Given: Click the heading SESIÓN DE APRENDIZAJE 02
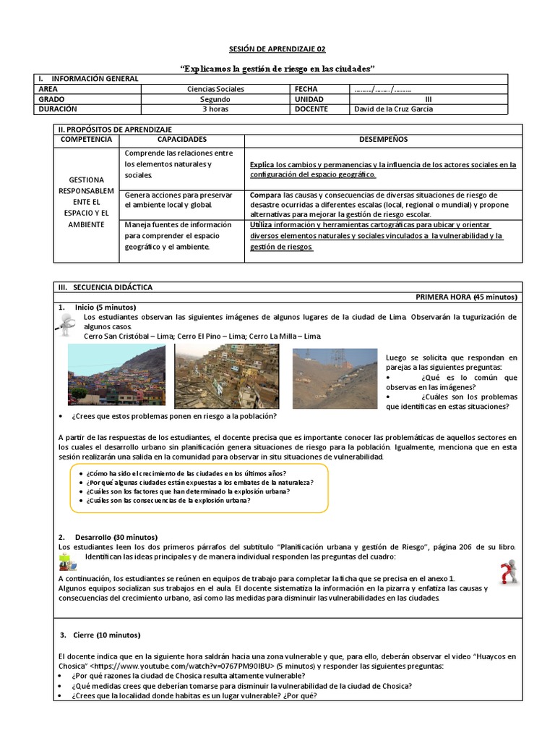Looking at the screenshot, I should (x=277, y=49).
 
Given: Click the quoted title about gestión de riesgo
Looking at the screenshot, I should (x=277, y=68).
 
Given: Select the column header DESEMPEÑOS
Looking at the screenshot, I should (x=384, y=139).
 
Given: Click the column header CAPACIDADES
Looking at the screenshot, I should (x=182, y=139).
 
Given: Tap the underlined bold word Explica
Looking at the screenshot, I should (x=262, y=164).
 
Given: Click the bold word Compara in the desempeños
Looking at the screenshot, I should (x=265, y=195).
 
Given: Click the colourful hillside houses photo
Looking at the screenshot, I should (x=116, y=376).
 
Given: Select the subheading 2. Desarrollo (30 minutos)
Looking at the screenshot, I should (x=108, y=537).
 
